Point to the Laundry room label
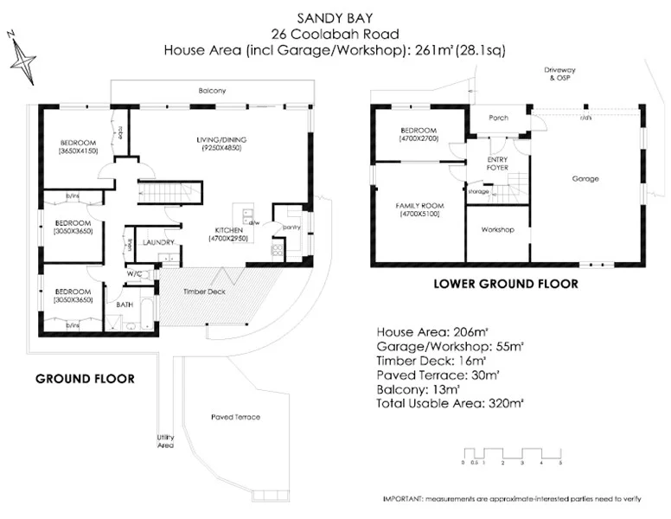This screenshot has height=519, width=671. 160,242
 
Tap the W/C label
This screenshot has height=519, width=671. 135,274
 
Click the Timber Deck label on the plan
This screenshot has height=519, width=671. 204,292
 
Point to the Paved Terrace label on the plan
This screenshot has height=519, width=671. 235,417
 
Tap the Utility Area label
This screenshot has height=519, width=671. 165,441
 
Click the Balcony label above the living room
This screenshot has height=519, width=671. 211,91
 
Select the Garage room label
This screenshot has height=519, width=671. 585,179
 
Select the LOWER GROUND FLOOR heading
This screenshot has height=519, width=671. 505,284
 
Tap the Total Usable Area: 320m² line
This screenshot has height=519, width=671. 450,402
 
